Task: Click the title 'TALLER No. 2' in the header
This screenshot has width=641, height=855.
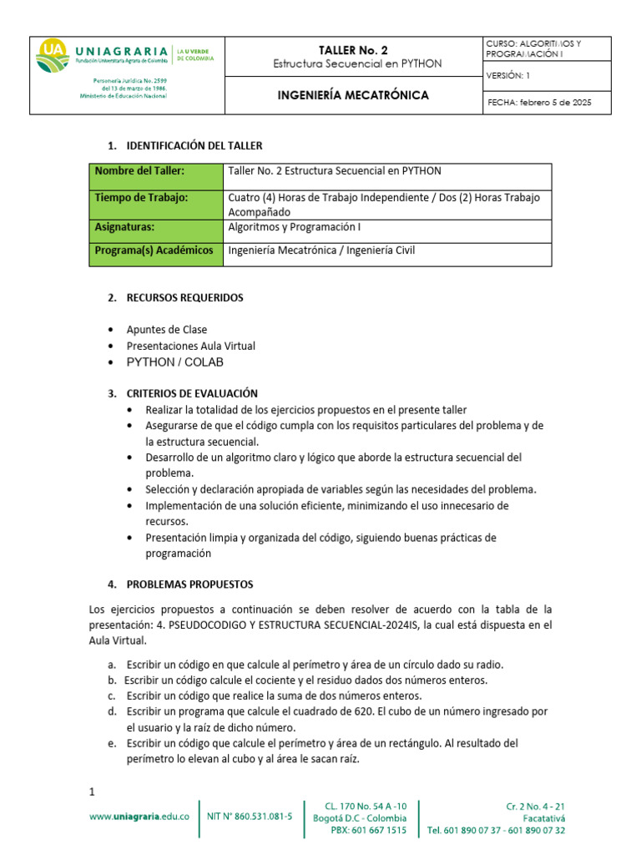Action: pos(358,49)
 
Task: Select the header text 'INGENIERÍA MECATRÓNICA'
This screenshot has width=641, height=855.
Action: pos(353,95)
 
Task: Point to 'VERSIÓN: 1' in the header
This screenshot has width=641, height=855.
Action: pos(507,76)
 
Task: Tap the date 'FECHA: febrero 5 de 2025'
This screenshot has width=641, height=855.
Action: pos(538,103)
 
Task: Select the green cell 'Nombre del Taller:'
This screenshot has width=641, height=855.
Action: pos(139,171)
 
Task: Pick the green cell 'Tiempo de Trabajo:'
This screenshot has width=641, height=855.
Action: pos(141,198)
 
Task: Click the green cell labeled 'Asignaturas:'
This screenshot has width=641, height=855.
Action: pos(125,227)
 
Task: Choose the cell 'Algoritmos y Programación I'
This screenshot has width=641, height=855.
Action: pos(294,227)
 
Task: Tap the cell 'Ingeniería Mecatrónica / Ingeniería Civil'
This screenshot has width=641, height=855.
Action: pos(321,250)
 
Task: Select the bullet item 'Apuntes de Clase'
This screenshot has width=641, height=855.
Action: pos(167,330)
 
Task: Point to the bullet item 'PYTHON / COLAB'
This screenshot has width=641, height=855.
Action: pos(175,362)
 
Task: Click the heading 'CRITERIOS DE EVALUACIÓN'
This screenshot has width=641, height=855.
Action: pos(192,393)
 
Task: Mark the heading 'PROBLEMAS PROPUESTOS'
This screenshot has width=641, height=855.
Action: pos(189,584)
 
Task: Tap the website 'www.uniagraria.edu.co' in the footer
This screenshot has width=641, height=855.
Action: pos(139,817)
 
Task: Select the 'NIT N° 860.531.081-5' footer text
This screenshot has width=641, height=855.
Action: pos(250,817)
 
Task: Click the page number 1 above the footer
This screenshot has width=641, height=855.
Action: pos(93,791)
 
